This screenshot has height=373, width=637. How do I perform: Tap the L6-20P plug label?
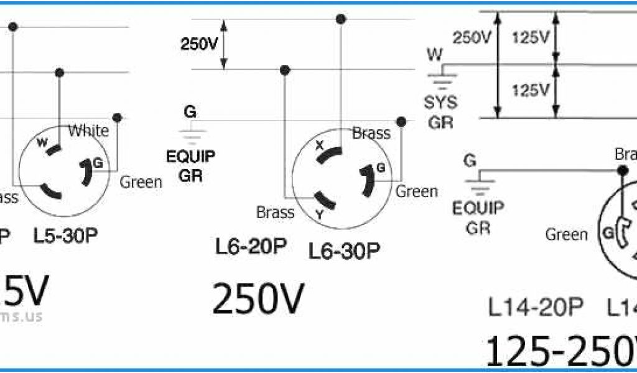click(x=251, y=247)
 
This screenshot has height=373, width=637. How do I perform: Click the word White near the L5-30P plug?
click(x=88, y=131)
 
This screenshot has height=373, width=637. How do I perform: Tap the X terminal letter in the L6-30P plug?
click(x=320, y=145)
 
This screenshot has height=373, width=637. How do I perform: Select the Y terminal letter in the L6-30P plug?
click(x=320, y=214)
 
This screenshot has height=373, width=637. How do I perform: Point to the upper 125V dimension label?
click(x=531, y=38)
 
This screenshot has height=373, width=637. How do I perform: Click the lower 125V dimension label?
click(x=531, y=91)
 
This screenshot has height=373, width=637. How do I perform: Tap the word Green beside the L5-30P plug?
click(x=141, y=182)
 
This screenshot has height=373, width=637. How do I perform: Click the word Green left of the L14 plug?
click(x=566, y=234)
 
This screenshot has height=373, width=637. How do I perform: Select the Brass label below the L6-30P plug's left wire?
click(x=275, y=213)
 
